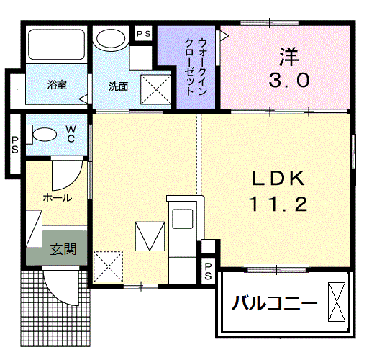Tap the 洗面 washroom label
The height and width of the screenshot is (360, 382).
pyautogui.click(x=118, y=86)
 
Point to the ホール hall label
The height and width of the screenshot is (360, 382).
pyautogui.click(x=56, y=196)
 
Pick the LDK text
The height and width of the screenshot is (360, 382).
pyautogui.click(x=278, y=178)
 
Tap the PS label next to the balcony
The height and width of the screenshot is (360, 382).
pyautogui.click(x=208, y=271)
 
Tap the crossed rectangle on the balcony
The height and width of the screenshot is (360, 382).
pyautogui.click(x=337, y=300)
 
